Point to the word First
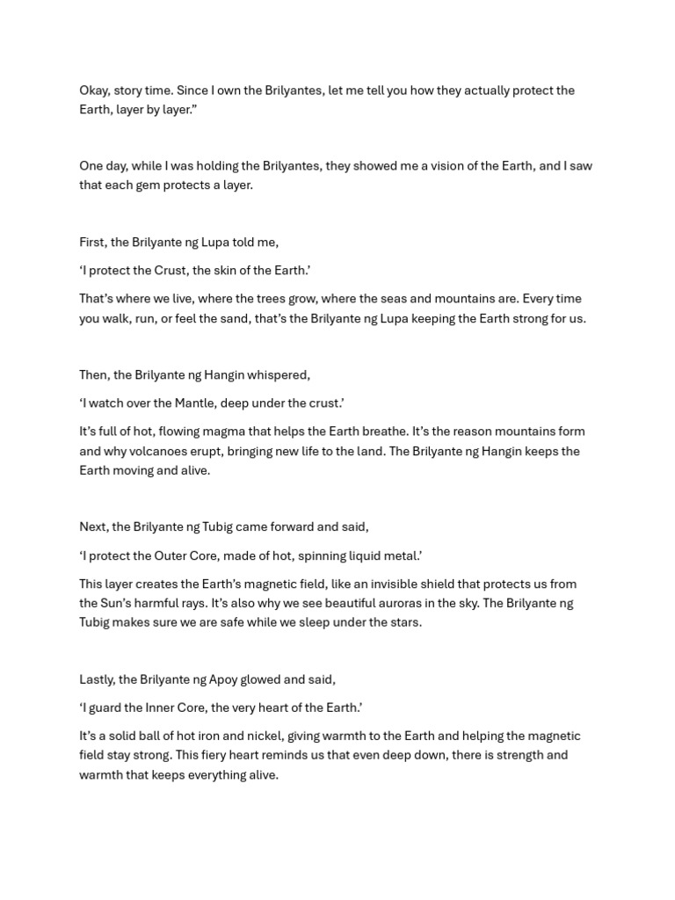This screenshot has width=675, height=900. pyautogui.click(x=93, y=242)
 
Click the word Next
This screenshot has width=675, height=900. pyautogui.click(x=93, y=527)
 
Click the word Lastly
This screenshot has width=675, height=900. pyautogui.click(x=97, y=679)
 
